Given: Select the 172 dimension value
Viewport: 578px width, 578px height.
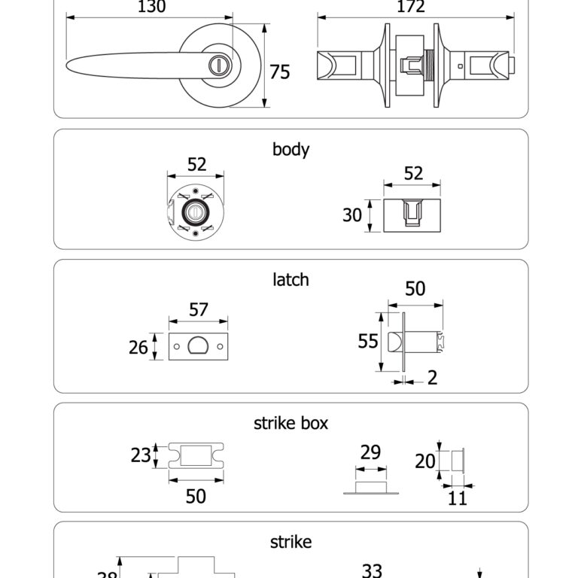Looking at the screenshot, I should point(410,8).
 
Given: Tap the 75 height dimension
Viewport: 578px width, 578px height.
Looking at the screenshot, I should point(280,72).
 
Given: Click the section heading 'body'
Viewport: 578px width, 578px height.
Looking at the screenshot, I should point(291,149).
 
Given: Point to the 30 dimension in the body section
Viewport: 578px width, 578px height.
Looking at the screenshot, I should point(352,215).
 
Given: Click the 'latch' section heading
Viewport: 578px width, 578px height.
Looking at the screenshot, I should point(291,279).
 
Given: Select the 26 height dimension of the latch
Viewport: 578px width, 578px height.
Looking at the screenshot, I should point(138,347).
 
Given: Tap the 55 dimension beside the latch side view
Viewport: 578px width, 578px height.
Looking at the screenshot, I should point(367,342).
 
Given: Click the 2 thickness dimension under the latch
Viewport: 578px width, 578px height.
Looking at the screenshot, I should point(433,378).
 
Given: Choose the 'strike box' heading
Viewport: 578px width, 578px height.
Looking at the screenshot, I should point(291,423).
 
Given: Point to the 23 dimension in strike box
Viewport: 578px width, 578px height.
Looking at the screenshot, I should point(141,455).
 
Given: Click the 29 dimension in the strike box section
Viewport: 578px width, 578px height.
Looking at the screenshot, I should point(370,452).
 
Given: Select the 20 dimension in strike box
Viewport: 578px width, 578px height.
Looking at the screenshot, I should point(424,461).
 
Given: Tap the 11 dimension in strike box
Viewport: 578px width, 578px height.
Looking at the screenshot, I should point(458,497).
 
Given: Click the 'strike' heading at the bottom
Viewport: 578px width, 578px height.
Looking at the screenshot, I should point(291,542).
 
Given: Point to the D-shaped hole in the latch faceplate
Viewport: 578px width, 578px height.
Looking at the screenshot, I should point(199,347).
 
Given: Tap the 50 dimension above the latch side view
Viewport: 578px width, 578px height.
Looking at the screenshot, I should point(415,289).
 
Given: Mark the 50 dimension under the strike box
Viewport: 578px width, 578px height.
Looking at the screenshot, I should point(196,496).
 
